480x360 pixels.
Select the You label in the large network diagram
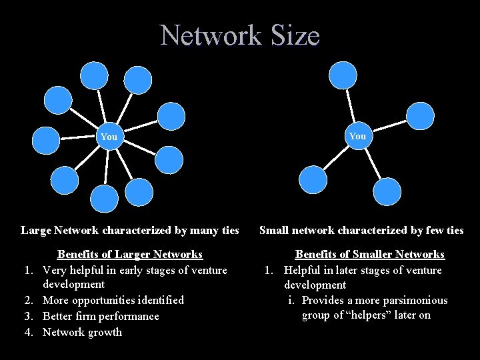[x=109, y=137]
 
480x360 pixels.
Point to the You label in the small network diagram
[x=357, y=136]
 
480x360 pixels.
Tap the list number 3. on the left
[x=29, y=316]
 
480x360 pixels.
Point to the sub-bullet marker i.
[x=292, y=300]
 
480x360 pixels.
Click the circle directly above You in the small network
[x=343, y=75]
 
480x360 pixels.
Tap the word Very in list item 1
[x=56, y=270]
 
